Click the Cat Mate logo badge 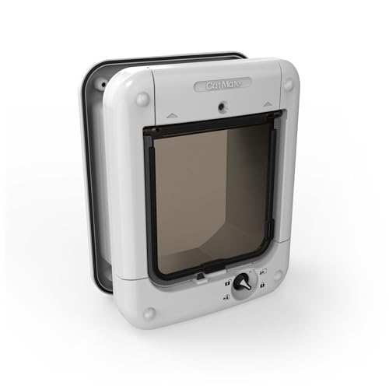point(223,84)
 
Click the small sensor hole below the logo point(221,107)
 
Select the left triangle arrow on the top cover point(170,115)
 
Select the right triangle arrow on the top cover point(268,104)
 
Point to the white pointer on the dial point(247,285)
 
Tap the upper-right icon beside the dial point(262,272)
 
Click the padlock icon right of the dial point(262,285)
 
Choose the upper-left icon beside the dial point(227,282)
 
